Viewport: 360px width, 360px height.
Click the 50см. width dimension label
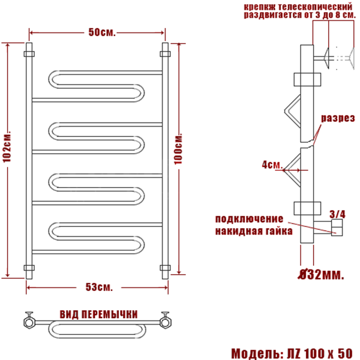(x=102, y=33)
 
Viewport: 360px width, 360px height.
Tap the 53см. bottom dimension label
(x=99, y=287)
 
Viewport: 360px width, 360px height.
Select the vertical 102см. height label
(x=7, y=147)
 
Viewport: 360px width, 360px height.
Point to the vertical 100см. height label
(x=178, y=149)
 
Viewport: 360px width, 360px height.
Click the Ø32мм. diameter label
(x=321, y=275)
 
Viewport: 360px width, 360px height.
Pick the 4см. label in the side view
(x=272, y=165)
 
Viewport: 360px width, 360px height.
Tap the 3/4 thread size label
(x=337, y=214)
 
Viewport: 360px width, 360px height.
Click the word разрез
(x=338, y=118)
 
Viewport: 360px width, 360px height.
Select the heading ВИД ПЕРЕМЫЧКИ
(x=99, y=314)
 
